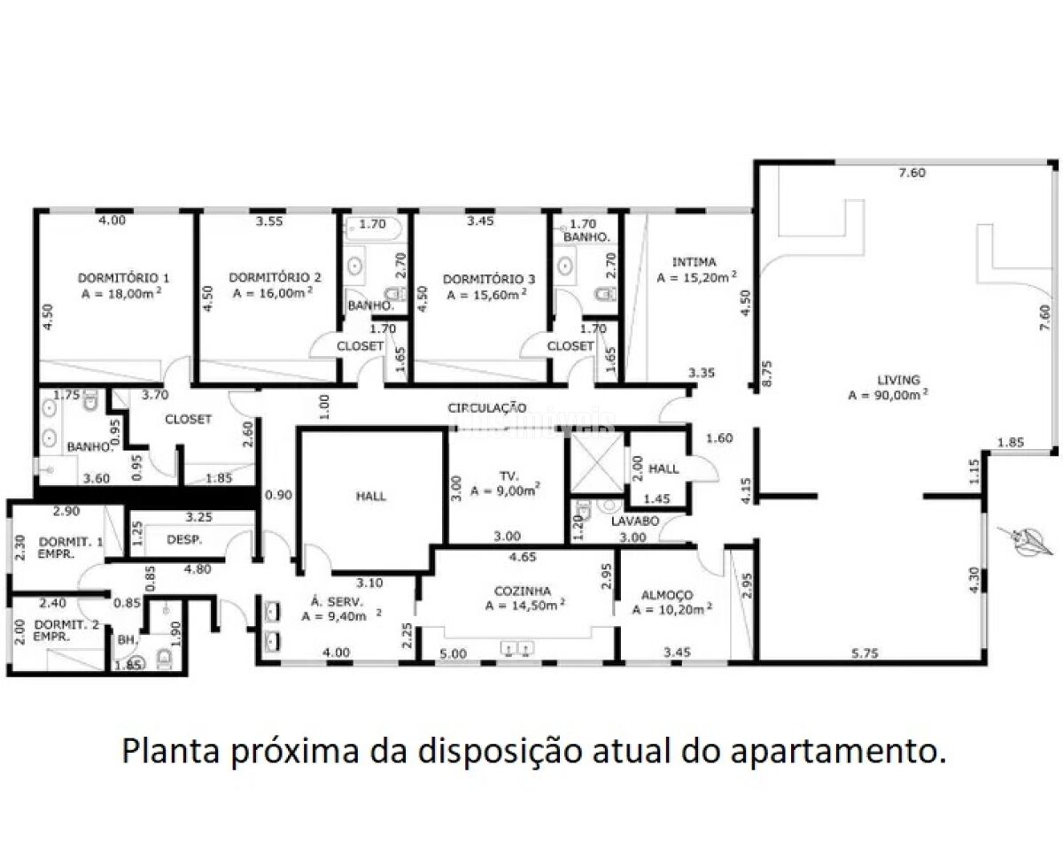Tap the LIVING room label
(899, 380)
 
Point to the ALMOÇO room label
(663, 595)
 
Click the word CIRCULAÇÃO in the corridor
(487, 408)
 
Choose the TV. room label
(508, 475)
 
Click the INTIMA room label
(694, 262)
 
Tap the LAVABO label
(635, 522)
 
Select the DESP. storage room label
(185, 539)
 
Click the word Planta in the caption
(168, 751)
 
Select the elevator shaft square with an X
(594, 460)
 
